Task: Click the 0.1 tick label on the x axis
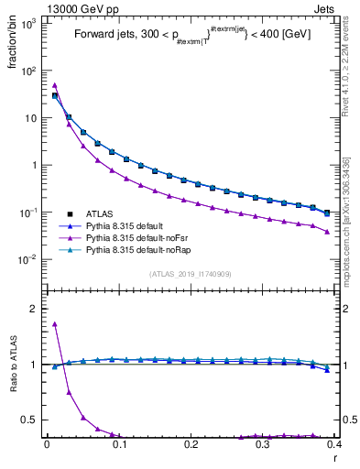pos(119,444)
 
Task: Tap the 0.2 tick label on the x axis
pos(191,444)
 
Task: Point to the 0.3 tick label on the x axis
pos(263,444)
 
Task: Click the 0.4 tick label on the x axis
pos(333,444)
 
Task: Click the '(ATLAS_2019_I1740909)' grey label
pos(190,273)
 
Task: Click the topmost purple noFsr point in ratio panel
pos(55,323)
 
